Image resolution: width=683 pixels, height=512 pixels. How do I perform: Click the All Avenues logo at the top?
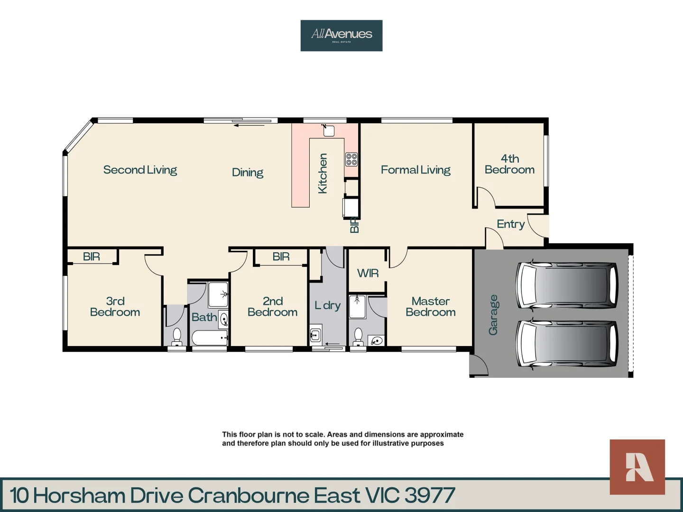coord(341,35)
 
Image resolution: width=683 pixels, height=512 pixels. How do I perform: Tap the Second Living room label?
coord(140,170)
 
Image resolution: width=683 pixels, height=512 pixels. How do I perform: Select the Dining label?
coord(247,173)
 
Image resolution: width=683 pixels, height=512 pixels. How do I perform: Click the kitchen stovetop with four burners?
coord(351,159)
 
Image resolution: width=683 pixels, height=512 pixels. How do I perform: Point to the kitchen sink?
coord(329,131)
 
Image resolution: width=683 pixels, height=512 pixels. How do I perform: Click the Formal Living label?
coord(415,170)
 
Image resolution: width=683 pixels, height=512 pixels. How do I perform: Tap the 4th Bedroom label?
coord(509,164)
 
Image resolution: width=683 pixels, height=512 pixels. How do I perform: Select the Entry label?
coord(510,224)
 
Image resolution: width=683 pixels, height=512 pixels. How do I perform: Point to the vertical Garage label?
coord(493,315)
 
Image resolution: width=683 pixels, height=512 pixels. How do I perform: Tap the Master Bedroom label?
coord(430,307)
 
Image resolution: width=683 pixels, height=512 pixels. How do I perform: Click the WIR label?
coord(368,273)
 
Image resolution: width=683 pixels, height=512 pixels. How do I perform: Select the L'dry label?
coord(327,305)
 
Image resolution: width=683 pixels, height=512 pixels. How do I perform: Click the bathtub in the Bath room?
coord(209,338)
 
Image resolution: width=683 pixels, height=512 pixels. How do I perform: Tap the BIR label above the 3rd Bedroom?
coord(91,256)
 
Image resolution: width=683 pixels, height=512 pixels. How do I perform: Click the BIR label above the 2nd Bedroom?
coord(281,256)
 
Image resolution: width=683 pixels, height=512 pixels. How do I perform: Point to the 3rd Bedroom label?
coord(115,307)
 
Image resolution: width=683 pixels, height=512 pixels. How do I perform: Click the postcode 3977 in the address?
coord(430,495)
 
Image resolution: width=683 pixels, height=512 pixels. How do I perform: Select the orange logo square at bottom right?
coord(637,467)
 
